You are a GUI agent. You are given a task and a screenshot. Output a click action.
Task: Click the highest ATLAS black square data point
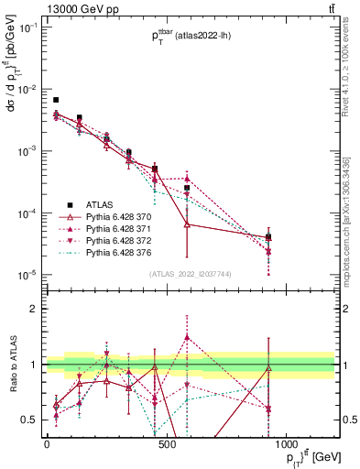point(56,100)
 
